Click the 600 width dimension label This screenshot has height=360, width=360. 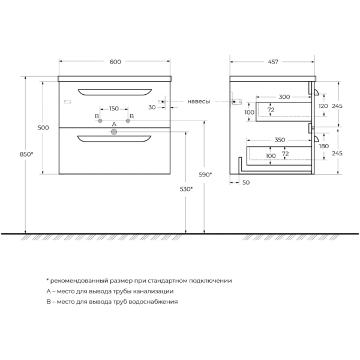116,62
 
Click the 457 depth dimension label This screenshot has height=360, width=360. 273,62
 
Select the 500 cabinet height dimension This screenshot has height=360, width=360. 43,127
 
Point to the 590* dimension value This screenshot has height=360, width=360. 205,175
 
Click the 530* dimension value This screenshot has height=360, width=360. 185,189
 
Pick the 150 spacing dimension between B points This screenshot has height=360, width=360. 114,109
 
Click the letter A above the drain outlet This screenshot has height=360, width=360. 114,124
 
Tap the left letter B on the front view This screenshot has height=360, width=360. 96,116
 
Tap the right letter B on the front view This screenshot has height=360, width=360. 131,116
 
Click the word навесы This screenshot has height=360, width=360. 199,102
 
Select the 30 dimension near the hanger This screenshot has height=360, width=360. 152,107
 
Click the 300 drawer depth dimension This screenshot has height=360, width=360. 284,97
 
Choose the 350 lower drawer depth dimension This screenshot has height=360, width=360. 280,140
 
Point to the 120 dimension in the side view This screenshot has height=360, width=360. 323,106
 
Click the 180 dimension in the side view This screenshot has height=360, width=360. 324,146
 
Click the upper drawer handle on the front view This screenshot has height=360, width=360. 114,91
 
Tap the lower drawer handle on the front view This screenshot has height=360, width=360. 114,139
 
